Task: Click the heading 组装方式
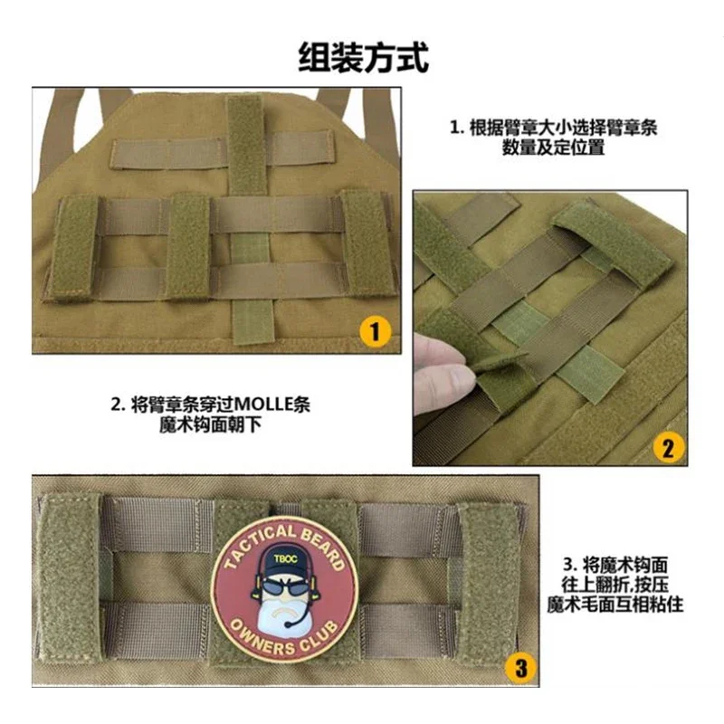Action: tap(364, 58)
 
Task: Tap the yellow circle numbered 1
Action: tap(375, 331)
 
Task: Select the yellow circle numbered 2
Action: tap(668, 447)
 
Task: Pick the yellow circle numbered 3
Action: tap(521, 668)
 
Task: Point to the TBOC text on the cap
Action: tap(285, 558)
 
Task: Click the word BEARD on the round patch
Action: tap(324, 548)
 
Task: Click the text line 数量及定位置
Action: tap(553, 148)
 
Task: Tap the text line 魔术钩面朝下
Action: tap(210, 424)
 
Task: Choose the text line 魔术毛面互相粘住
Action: tap(615, 605)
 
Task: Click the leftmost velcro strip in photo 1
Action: tap(76, 247)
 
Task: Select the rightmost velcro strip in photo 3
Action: tap(491, 579)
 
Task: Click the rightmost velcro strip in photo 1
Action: tap(369, 243)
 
